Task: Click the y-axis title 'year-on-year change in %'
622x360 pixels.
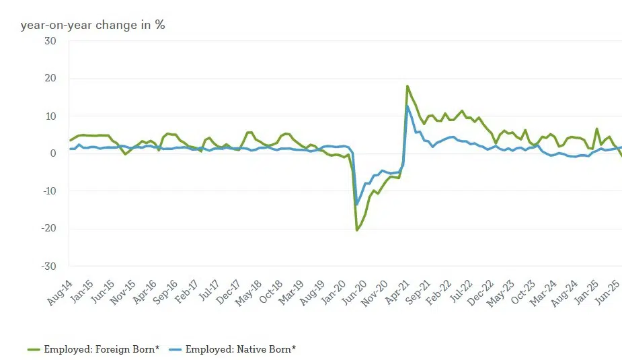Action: (93, 25)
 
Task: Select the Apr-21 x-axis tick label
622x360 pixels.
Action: (399, 293)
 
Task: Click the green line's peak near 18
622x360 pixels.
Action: (407, 86)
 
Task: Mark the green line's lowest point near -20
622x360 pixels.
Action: (357, 230)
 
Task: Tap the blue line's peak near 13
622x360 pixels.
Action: (407, 106)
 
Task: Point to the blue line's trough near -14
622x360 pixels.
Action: (357, 205)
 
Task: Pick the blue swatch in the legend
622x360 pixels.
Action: (175, 349)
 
